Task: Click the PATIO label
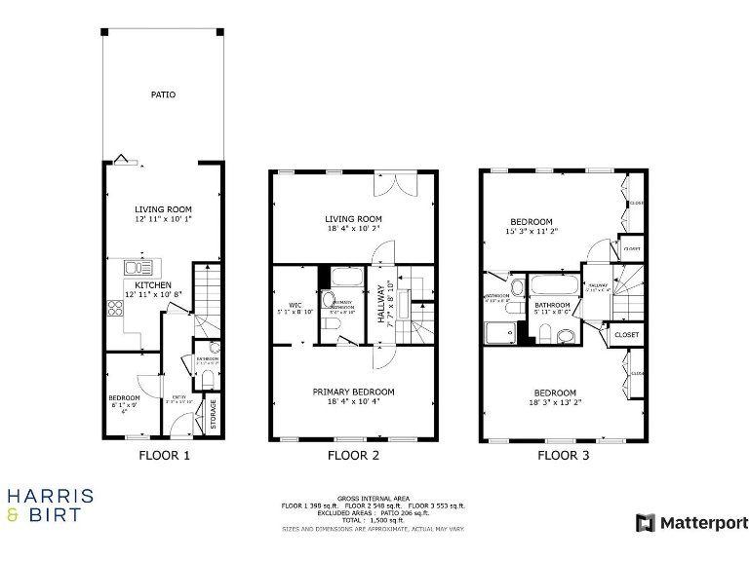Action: pyautogui.click(x=163, y=94)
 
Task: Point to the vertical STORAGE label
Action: pyautogui.click(x=214, y=415)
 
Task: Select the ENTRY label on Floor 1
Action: pyautogui.click(x=179, y=397)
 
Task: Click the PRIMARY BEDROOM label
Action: pyautogui.click(x=353, y=392)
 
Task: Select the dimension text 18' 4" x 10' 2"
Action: pyautogui.click(x=353, y=229)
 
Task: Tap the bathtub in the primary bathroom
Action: pyautogui.click(x=345, y=276)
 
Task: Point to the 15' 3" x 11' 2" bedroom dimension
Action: pyautogui.click(x=531, y=232)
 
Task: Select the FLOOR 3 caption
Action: pyautogui.click(x=564, y=455)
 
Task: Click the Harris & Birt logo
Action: pyautogui.click(x=51, y=505)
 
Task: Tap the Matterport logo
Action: pyautogui.click(x=692, y=523)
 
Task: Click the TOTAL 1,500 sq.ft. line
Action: pyautogui.click(x=373, y=521)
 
